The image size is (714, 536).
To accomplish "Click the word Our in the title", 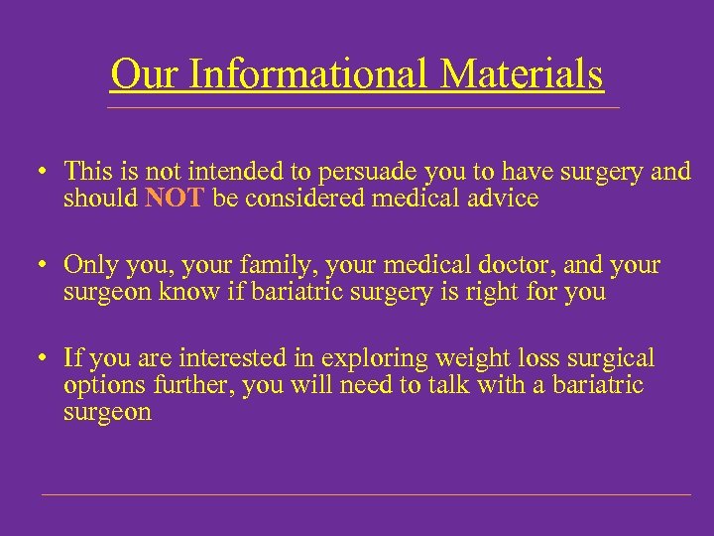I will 140,74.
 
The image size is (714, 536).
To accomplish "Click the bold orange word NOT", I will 175,199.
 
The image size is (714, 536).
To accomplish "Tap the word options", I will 98,386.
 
